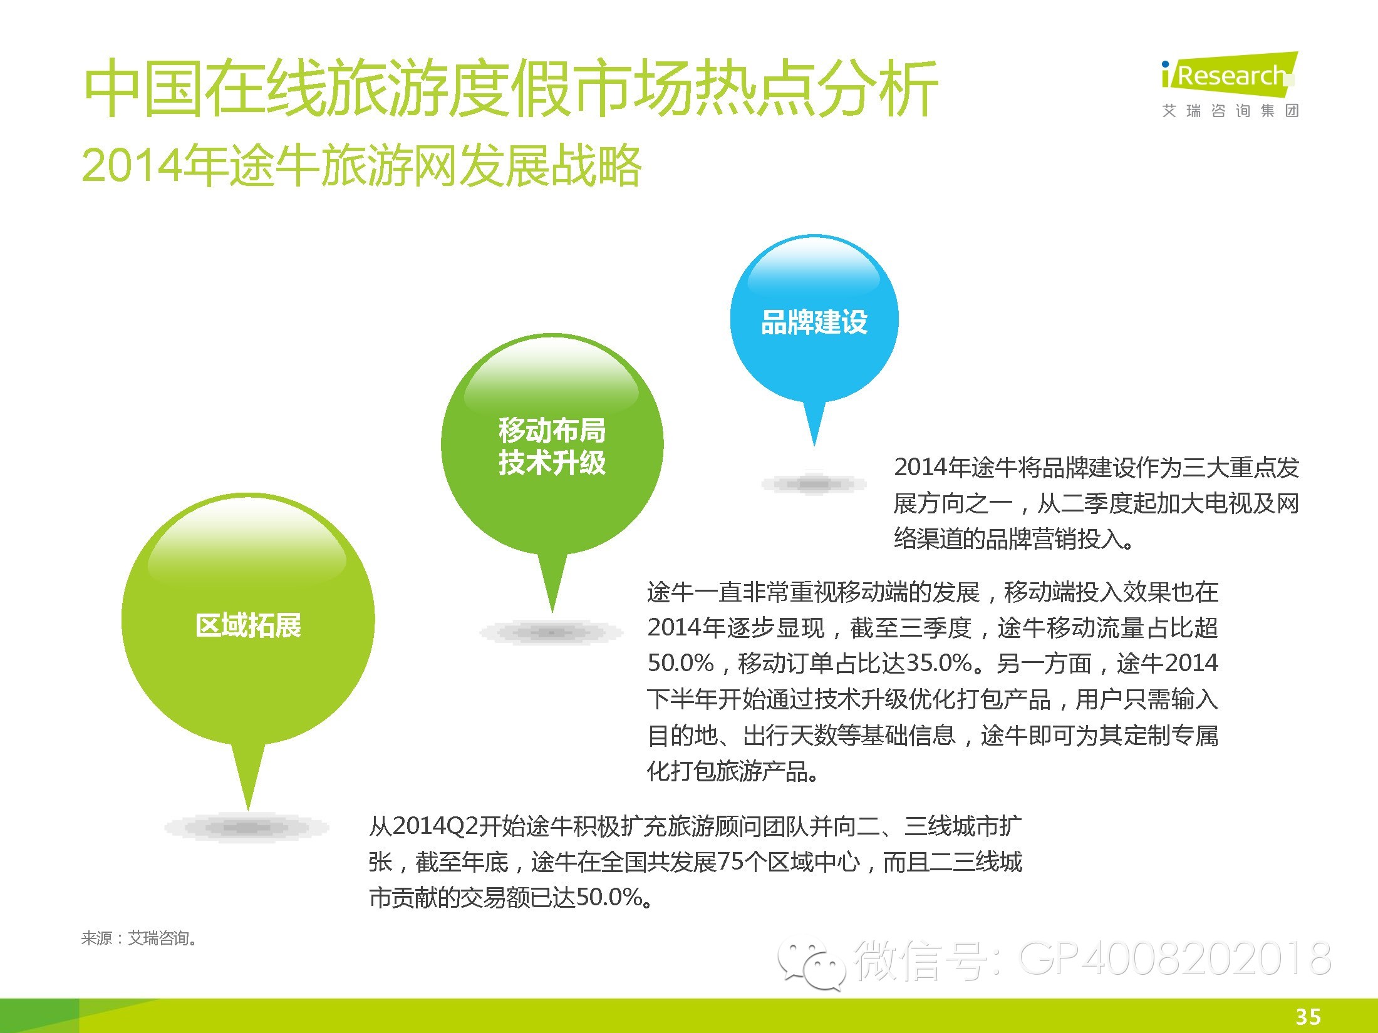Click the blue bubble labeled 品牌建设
(x=814, y=319)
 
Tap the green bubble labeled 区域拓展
(x=248, y=620)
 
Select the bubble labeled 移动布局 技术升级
(x=552, y=445)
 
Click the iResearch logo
(x=1229, y=76)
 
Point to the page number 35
(x=1308, y=1017)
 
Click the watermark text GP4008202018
(x=1176, y=958)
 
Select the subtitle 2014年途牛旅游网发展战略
(x=361, y=165)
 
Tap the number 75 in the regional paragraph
(x=730, y=862)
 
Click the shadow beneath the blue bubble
(x=814, y=483)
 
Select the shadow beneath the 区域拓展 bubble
(x=246, y=828)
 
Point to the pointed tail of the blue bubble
(x=814, y=446)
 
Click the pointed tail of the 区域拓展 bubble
(x=248, y=810)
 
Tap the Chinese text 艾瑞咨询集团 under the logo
(x=1230, y=111)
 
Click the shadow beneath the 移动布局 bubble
(x=551, y=633)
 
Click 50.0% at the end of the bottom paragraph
(x=609, y=898)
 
